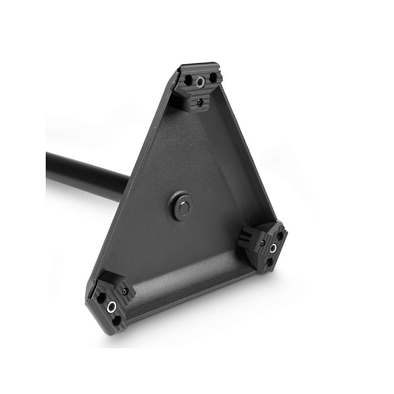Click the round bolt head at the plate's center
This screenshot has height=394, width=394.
tap(183, 207)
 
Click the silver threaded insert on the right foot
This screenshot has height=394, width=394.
tap(273, 247)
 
